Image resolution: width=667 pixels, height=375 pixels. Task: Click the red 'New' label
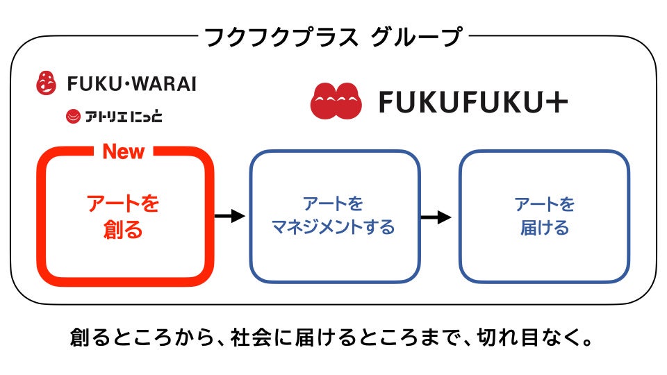[x=123, y=151]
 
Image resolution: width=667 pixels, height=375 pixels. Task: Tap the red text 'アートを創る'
[x=123, y=216]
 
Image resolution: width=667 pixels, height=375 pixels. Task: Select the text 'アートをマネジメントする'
[x=333, y=215]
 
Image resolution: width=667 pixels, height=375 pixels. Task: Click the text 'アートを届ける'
[x=545, y=215]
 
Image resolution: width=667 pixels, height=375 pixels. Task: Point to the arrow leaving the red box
[x=230, y=216]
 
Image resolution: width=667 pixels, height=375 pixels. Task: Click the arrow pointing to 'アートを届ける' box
[x=436, y=216]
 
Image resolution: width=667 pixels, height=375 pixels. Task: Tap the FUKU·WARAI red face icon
[x=47, y=83]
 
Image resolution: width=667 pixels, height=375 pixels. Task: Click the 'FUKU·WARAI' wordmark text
[x=131, y=84]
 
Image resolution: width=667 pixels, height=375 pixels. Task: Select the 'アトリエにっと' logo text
[x=124, y=116]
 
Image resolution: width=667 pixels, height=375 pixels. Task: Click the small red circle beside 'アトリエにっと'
[x=73, y=117]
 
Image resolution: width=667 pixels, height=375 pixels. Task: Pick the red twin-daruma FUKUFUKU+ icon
[x=336, y=101]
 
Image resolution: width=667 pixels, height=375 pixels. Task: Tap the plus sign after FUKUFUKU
[x=557, y=103]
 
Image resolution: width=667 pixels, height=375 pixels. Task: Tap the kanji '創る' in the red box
[x=123, y=228]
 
